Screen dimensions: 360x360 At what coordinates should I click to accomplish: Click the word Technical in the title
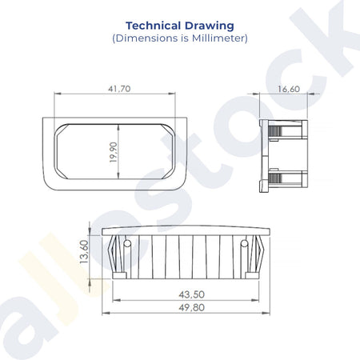pos(153,26)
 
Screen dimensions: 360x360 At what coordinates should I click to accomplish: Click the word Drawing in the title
pos(210,26)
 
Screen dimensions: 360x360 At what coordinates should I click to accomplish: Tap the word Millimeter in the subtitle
pos(218,38)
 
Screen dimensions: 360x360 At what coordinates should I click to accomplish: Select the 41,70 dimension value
pos(119,89)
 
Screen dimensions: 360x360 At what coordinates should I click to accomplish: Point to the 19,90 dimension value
pos(114,152)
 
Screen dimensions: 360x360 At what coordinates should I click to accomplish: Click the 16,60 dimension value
pos(289,89)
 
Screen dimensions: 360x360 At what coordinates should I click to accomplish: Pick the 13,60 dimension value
pos(84,252)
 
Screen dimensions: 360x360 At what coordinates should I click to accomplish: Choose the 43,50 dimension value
pos(192,294)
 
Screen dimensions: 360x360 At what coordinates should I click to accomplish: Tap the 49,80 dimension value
pos(192,307)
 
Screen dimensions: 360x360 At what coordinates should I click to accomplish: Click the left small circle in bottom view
pos(127,243)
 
